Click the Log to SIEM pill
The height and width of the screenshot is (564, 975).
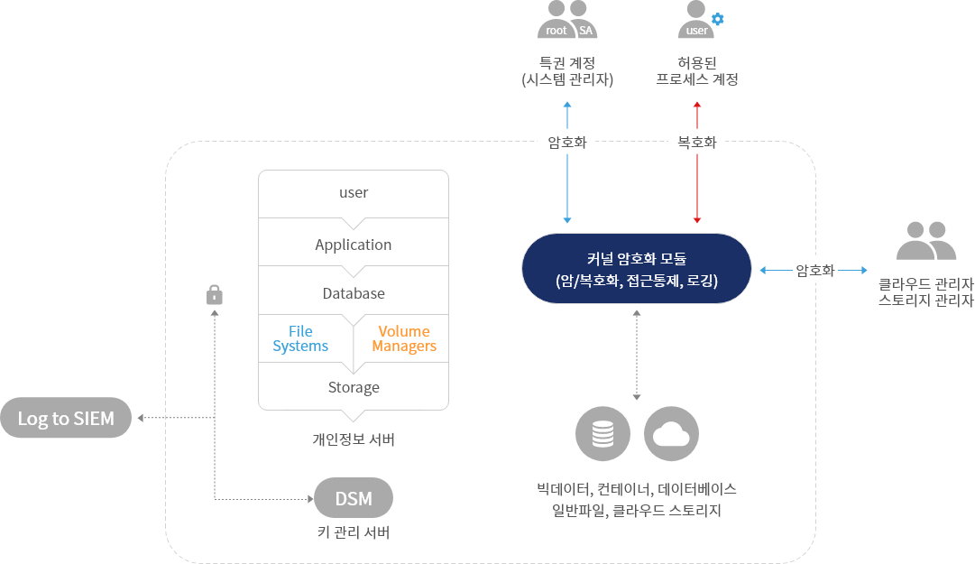point(66,419)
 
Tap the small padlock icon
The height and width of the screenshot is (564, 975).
point(215,295)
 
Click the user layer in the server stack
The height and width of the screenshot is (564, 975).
point(354,193)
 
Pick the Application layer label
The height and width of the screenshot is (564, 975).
point(354,245)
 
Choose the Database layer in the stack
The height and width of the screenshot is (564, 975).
point(354,293)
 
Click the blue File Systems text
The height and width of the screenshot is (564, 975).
point(300,339)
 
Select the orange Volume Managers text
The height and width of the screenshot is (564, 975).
point(404,339)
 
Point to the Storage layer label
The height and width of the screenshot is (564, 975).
point(354,387)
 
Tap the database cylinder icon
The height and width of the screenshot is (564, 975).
point(602,435)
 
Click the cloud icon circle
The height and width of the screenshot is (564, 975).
point(671,435)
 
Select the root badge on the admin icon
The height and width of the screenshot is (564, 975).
point(556,31)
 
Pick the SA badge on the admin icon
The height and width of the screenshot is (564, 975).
point(586,31)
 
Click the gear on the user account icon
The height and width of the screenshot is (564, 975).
point(718,18)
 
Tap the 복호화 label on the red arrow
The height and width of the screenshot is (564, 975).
point(697,142)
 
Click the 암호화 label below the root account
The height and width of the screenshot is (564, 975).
point(567,142)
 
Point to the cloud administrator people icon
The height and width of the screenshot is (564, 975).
point(926,239)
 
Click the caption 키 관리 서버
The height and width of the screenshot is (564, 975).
point(354,532)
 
